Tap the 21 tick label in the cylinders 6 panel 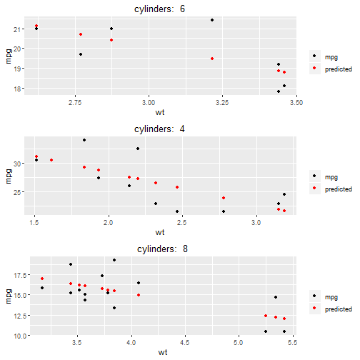tap(19, 29)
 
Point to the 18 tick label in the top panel tap(19, 89)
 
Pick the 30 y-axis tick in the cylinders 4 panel tap(19, 164)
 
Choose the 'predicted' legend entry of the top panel tap(338, 69)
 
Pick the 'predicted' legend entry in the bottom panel tap(338, 309)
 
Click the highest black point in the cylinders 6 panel tap(212, 20)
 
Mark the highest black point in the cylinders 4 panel tap(84, 140)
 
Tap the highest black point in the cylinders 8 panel tap(114, 260)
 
